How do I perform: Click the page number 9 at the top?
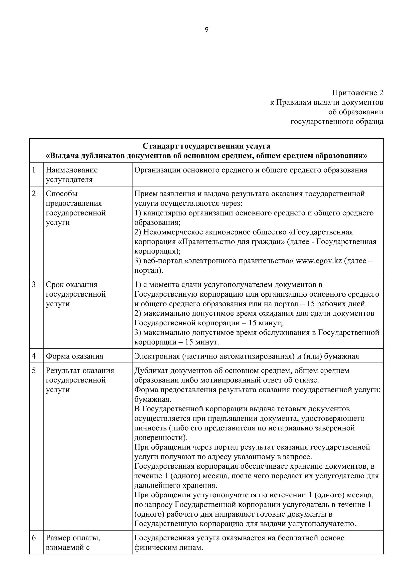(x=206, y=30)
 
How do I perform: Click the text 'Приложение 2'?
(x=357, y=93)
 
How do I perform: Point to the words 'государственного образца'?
(x=337, y=122)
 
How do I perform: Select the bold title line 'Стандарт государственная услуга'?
(x=206, y=146)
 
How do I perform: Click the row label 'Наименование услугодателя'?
(x=71, y=175)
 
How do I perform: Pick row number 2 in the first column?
(x=34, y=194)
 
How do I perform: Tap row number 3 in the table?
(x=34, y=284)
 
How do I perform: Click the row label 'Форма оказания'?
(x=74, y=356)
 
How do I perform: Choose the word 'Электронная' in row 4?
(x=157, y=356)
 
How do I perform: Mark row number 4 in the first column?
(x=34, y=356)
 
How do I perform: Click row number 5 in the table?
(x=34, y=371)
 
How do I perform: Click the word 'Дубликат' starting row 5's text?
(x=151, y=371)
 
